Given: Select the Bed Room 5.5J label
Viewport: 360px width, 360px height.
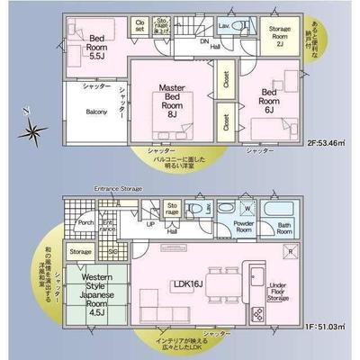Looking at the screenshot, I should coord(97,44).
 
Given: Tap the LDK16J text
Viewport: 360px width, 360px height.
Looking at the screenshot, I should coord(187,283).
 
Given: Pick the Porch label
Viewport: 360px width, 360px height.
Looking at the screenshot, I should coord(85,223).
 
